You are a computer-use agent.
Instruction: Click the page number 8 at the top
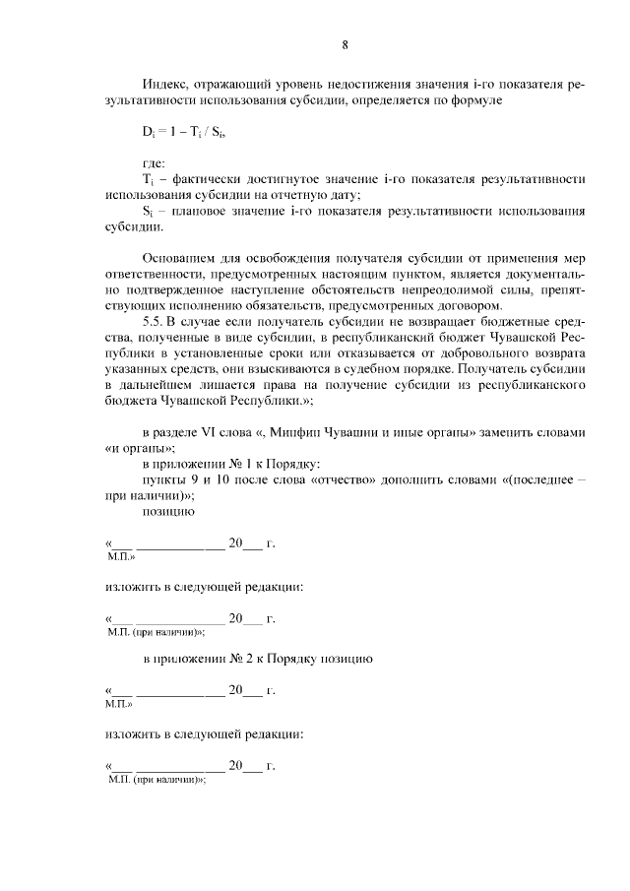coord(346,44)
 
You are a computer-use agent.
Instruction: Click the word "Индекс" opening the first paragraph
coord(165,86)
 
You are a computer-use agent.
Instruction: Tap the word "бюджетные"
coord(514,322)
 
